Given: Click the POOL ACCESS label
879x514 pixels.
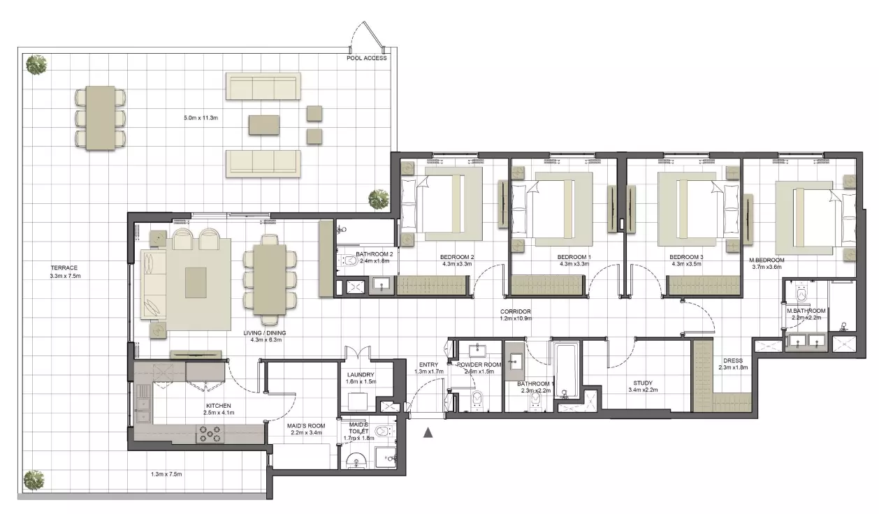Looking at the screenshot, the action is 367,58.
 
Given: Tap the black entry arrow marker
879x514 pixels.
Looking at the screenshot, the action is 428,432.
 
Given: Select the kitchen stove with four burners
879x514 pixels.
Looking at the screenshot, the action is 210,434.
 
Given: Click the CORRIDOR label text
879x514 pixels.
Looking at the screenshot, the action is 515,311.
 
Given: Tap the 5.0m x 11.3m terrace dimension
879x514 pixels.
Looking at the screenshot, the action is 201,117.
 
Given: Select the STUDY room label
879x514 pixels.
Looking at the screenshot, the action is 643,383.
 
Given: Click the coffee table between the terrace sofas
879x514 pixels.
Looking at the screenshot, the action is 264,125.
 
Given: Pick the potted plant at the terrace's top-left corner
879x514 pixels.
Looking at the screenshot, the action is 36,64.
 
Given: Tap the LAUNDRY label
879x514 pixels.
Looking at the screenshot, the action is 361,375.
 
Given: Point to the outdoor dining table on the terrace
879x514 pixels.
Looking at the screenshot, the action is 101,118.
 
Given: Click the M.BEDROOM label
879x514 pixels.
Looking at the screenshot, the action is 767,260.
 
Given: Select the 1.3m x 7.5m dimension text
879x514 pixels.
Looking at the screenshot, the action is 166,474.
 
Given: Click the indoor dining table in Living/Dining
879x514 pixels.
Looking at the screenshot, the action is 270,279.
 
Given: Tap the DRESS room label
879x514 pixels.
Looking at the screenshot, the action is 733,360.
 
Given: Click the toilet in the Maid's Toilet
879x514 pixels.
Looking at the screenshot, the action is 384,432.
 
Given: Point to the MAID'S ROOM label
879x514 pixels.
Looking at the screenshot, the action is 306,426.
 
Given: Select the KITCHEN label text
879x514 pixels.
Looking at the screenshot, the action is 219,406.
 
